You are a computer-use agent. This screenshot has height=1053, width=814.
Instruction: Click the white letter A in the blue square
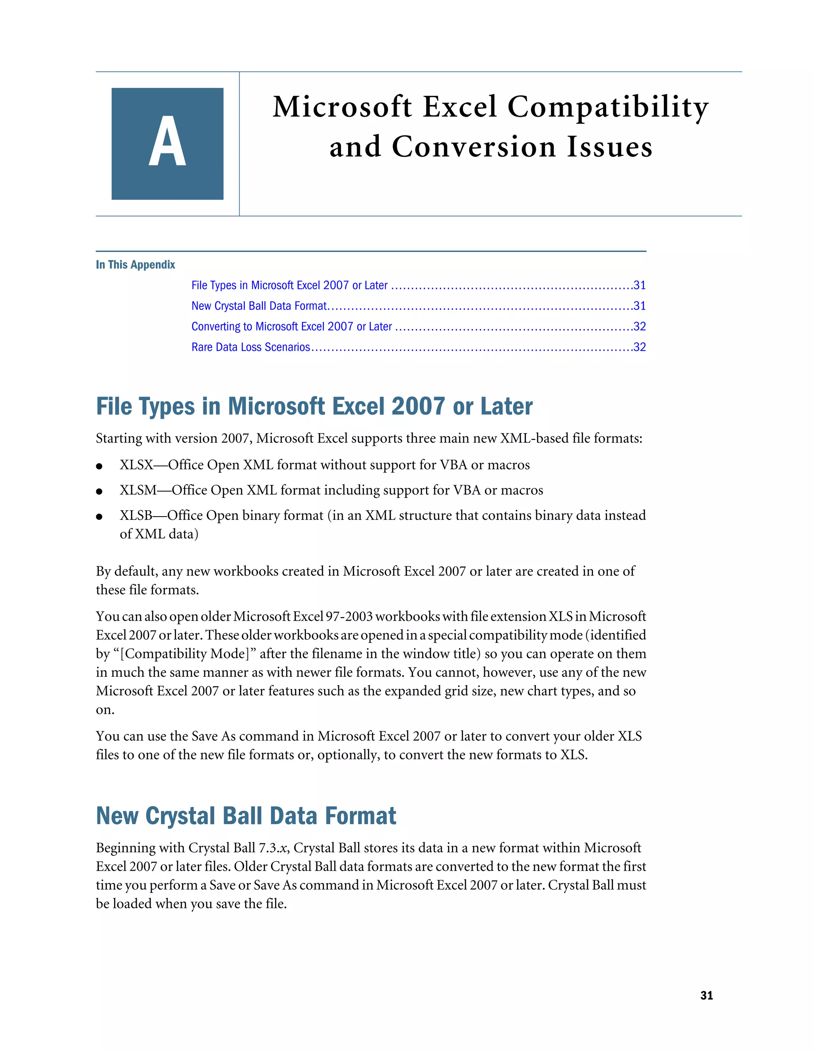pos(167,142)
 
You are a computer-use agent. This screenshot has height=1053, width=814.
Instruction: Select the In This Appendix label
pos(135,265)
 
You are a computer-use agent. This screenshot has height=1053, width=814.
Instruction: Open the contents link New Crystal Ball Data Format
pos(259,306)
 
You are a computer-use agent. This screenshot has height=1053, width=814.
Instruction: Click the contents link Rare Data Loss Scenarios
pos(250,347)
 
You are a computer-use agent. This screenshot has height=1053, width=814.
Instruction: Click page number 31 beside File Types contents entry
pos(640,285)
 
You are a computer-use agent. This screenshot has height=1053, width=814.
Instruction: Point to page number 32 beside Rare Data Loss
pos(640,347)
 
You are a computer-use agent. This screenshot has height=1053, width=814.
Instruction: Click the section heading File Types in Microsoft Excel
pos(314,406)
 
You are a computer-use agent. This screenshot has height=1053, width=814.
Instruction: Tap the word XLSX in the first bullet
pos(136,465)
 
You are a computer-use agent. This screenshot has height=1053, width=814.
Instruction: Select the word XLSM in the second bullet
pos(138,490)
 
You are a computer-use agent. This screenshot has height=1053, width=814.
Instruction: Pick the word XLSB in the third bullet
pos(136,515)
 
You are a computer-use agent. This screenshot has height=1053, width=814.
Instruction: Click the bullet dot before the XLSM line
pos(99,491)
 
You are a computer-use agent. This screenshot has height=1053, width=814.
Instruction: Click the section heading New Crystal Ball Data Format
pos(246,816)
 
